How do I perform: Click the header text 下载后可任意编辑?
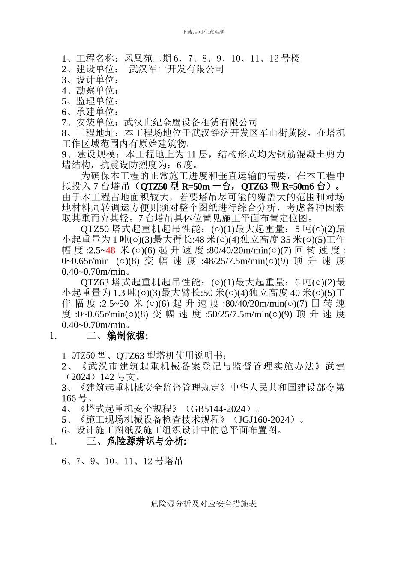pyautogui.click(x=203, y=32)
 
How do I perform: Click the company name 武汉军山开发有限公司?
pyautogui.click(x=176, y=69)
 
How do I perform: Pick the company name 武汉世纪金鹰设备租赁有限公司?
pyautogui.click(x=191, y=122)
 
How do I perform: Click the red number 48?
pyautogui.click(x=111, y=250)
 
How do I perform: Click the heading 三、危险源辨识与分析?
pyautogui.click(x=136, y=441)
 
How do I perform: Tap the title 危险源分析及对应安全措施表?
pyautogui.click(x=203, y=504)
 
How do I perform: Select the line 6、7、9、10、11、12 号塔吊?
pyautogui.click(x=122, y=461)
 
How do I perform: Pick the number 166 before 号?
pyautogui.click(x=69, y=398)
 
